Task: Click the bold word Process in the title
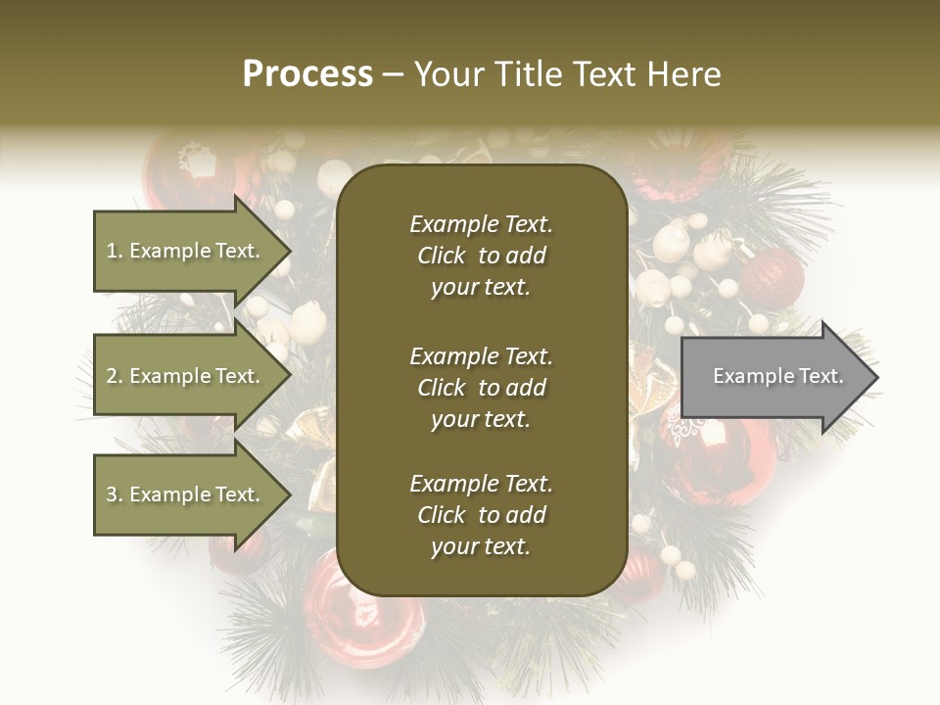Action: click(x=307, y=74)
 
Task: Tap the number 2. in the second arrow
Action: click(x=115, y=376)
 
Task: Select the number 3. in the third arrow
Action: click(x=115, y=494)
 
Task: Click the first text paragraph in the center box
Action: click(x=481, y=256)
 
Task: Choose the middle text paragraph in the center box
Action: click(x=481, y=388)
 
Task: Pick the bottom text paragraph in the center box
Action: click(x=481, y=515)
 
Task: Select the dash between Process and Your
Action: click(x=393, y=74)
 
